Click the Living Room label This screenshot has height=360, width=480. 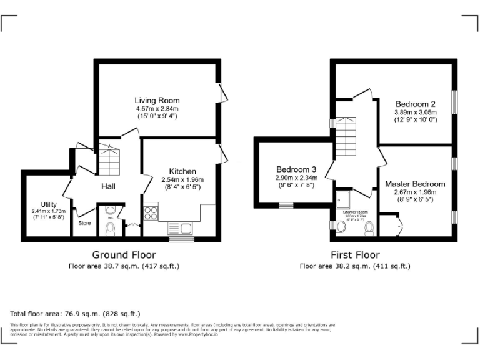(157, 100)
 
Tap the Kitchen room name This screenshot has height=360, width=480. (182, 171)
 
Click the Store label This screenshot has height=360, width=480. (84, 222)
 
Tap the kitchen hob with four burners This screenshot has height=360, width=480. (151, 213)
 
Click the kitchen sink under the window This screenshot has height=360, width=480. (181, 228)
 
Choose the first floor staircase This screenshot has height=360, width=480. (346, 138)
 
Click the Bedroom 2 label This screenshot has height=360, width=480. (415, 104)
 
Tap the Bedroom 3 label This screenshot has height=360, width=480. (296, 169)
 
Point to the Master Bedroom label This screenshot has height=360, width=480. (415, 184)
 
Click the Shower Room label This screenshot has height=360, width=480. (355, 212)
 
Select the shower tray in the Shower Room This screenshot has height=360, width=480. (343, 199)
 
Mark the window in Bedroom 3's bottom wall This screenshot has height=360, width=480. (286, 205)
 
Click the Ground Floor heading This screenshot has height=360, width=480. (124, 255)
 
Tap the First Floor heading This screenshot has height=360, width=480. (355, 255)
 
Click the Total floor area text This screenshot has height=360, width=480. (75, 313)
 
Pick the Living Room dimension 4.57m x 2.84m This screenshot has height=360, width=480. (157, 108)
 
